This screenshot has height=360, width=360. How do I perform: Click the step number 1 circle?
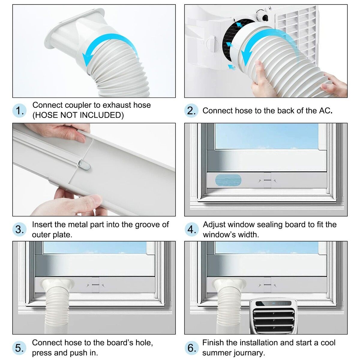coord(19,110)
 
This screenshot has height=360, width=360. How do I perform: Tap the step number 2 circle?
coord(191,110)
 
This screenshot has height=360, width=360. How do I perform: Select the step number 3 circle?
coord(19,229)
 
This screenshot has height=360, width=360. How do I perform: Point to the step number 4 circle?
coord(191,229)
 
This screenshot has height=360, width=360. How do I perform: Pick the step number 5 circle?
coord(19,348)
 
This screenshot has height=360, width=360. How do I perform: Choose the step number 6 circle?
coord(191,348)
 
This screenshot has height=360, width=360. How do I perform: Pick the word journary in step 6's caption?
coord(249,353)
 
